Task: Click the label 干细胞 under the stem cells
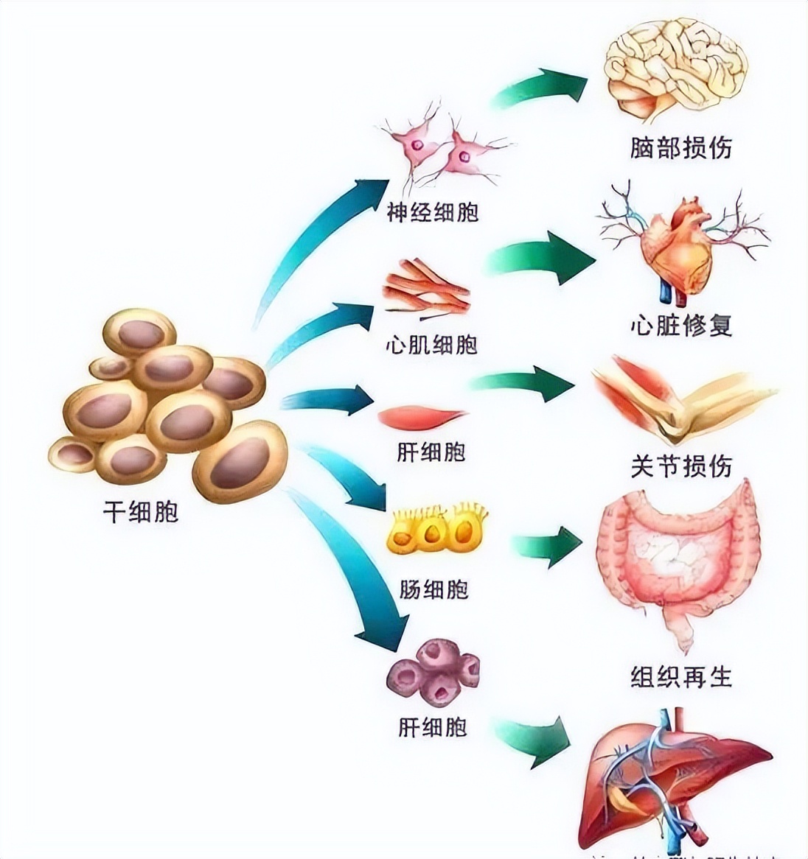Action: (x=140, y=511)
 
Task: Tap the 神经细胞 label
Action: (x=433, y=212)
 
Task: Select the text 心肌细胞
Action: (x=432, y=344)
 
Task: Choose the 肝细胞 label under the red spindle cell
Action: (x=431, y=452)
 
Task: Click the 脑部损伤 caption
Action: (x=680, y=147)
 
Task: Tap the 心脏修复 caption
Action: (x=681, y=325)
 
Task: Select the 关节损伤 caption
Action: (x=681, y=466)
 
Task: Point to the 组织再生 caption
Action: (x=681, y=676)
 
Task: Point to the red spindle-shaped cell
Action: (x=422, y=418)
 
